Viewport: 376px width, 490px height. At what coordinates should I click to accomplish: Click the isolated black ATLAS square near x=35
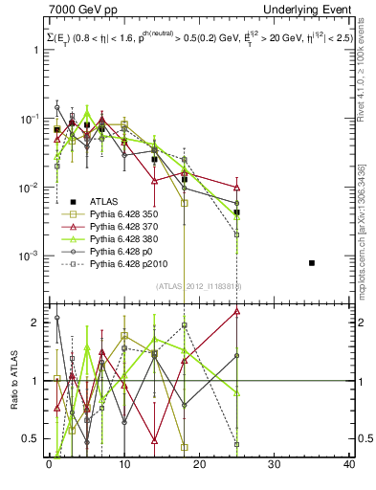coord(312,262)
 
